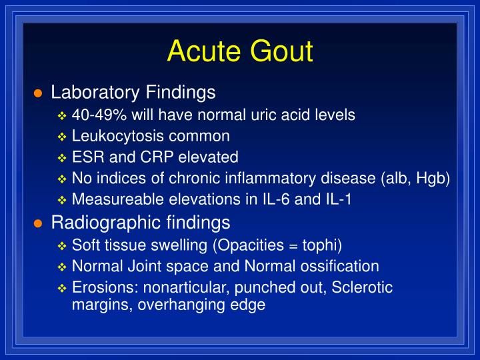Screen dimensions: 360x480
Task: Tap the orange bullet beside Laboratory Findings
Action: pyautogui.click(x=38, y=93)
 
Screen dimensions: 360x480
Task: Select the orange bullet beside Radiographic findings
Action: pyautogui.click(x=38, y=223)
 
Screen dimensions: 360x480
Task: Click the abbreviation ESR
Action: pyautogui.click(x=86, y=157)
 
